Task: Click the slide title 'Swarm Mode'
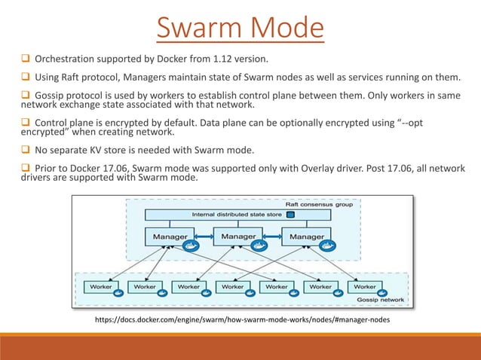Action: coord(240,29)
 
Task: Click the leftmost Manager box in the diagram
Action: coord(170,236)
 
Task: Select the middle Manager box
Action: coord(238,236)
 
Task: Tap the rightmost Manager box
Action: coord(306,236)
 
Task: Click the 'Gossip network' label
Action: coord(383,298)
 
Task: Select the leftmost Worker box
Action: coord(102,287)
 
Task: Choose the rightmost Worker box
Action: coord(365,287)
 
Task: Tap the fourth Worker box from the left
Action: coord(233,287)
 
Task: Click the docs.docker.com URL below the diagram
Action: coord(240,321)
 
